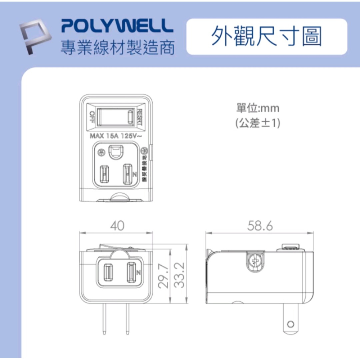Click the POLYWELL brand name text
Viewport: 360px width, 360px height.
point(115,26)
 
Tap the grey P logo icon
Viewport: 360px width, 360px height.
point(36,38)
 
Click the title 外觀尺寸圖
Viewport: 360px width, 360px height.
point(266,36)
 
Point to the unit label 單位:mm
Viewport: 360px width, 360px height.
point(257,108)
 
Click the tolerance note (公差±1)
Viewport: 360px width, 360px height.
point(257,123)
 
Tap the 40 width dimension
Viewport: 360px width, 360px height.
point(117,226)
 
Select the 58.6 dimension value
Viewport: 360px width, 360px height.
point(260,226)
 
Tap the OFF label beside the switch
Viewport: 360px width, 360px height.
point(91,117)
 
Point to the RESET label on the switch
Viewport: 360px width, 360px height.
point(140,117)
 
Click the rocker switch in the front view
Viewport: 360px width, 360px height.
point(116,117)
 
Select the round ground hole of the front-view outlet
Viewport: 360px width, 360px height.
point(116,152)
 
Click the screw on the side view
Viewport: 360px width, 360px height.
point(256,261)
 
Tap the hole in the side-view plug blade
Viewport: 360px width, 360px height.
point(291,325)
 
